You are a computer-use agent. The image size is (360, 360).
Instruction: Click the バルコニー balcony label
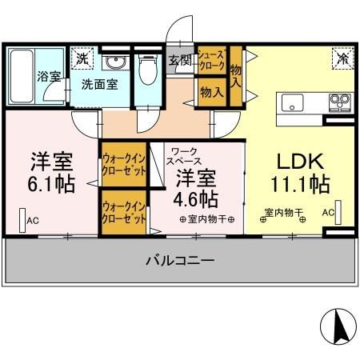coord(179,260)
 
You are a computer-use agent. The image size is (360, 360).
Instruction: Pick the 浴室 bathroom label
coord(49,77)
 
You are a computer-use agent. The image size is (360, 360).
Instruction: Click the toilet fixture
coord(146,70)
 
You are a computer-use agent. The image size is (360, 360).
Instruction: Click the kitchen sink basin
coord(290,102)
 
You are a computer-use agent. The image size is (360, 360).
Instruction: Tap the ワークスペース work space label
coord(184,155)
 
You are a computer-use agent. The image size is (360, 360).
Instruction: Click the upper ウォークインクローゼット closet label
coord(123,163)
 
